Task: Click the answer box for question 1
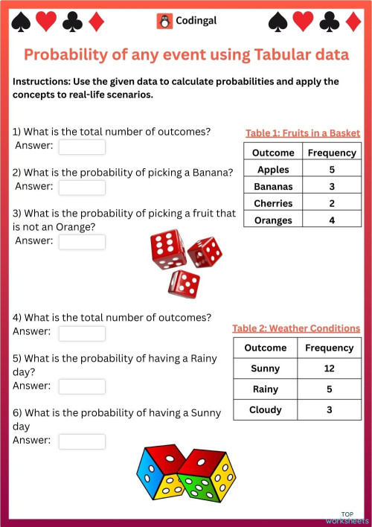pyautogui.click(x=82, y=147)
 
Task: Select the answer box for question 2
pyautogui.click(x=82, y=187)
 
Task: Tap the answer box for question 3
pyautogui.click(x=82, y=241)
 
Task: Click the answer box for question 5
pyautogui.click(x=82, y=386)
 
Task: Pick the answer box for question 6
pyautogui.click(x=82, y=441)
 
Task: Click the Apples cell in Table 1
pyautogui.click(x=273, y=170)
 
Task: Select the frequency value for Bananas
pyautogui.click(x=332, y=186)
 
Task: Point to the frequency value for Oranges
pyautogui.click(x=332, y=220)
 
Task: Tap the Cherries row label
pyautogui.click(x=273, y=203)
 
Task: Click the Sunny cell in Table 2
pyautogui.click(x=266, y=368)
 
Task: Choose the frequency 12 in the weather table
pyautogui.click(x=329, y=368)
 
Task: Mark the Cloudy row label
pyautogui.click(x=266, y=409)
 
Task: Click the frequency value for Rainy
pyautogui.click(x=329, y=389)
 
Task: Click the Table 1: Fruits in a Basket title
pyautogui.click(x=303, y=132)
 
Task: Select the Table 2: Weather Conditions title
pyautogui.click(x=296, y=328)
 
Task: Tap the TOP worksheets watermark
pyautogui.click(x=347, y=518)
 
